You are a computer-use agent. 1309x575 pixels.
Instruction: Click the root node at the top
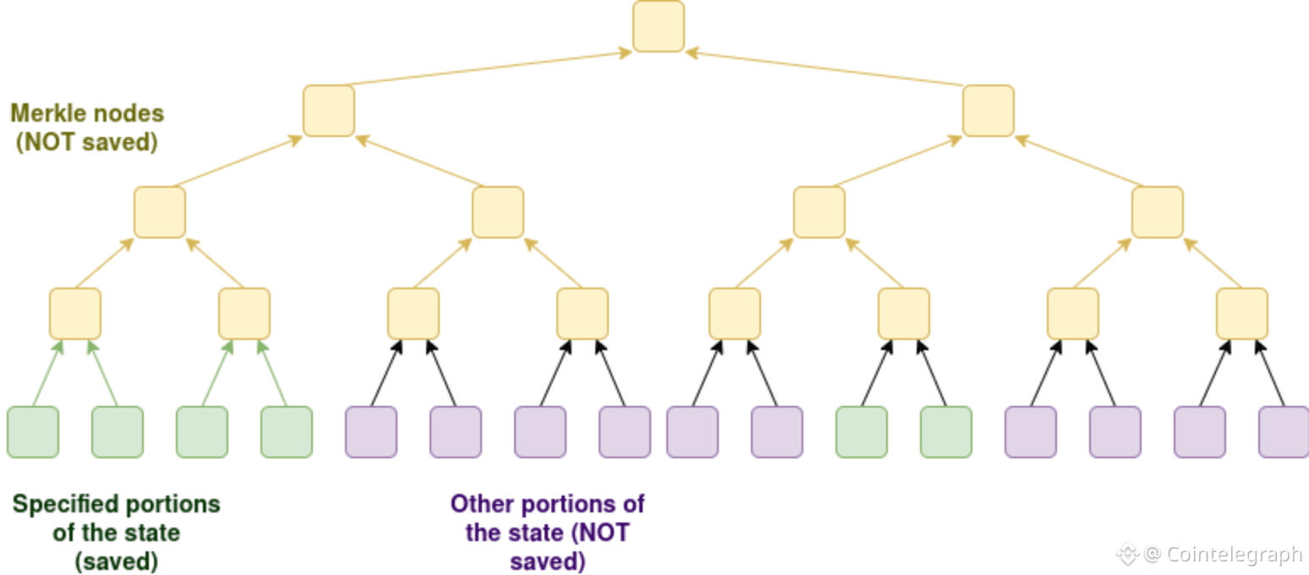[658, 26]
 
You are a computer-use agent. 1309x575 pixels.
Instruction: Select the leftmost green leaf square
[33, 432]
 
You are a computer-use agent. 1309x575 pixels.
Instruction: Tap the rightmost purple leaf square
[1284, 432]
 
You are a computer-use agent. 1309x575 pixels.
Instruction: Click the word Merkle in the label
[45, 113]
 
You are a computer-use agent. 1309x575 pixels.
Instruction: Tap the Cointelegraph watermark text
[1234, 554]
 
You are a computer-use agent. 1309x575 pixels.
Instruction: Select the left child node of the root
[329, 111]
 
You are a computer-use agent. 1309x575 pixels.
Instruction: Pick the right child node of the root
[988, 111]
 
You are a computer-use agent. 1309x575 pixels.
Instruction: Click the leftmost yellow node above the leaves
[75, 314]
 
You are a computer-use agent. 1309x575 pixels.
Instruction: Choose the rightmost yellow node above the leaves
[1241, 314]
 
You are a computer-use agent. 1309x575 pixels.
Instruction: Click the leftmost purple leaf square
[371, 432]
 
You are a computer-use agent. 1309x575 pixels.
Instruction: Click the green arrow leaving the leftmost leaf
[47, 373]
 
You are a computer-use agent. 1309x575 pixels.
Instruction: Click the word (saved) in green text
[117, 561]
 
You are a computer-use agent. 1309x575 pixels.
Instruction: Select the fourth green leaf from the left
[287, 432]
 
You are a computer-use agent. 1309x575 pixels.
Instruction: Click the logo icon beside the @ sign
[1127, 555]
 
